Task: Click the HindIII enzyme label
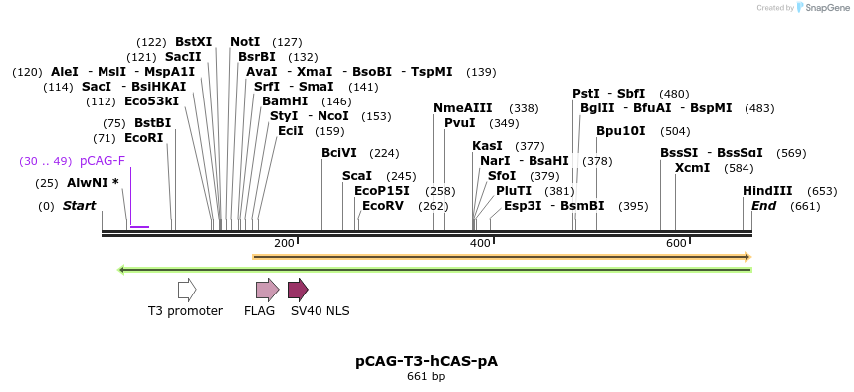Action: [767, 191]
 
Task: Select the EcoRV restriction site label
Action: [383, 206]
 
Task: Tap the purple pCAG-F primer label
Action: [103, 161]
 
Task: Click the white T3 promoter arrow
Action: [187, 290]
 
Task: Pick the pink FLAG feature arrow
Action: [267, 290]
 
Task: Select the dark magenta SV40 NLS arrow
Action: [298, 290]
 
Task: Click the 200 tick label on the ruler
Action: [284, 244]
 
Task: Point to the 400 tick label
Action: [480, 244]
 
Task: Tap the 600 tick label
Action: [676, 244]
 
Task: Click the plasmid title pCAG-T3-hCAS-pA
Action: [426, 361]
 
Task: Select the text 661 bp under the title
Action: [426, 376]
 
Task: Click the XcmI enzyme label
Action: [692, 168]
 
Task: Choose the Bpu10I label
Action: [621, 131]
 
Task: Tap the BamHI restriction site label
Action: [285, 101]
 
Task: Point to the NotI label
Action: [245, 42]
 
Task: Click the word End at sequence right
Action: [763, 206]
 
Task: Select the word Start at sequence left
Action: [79, 206]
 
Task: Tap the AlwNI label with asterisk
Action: [93, 183]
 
